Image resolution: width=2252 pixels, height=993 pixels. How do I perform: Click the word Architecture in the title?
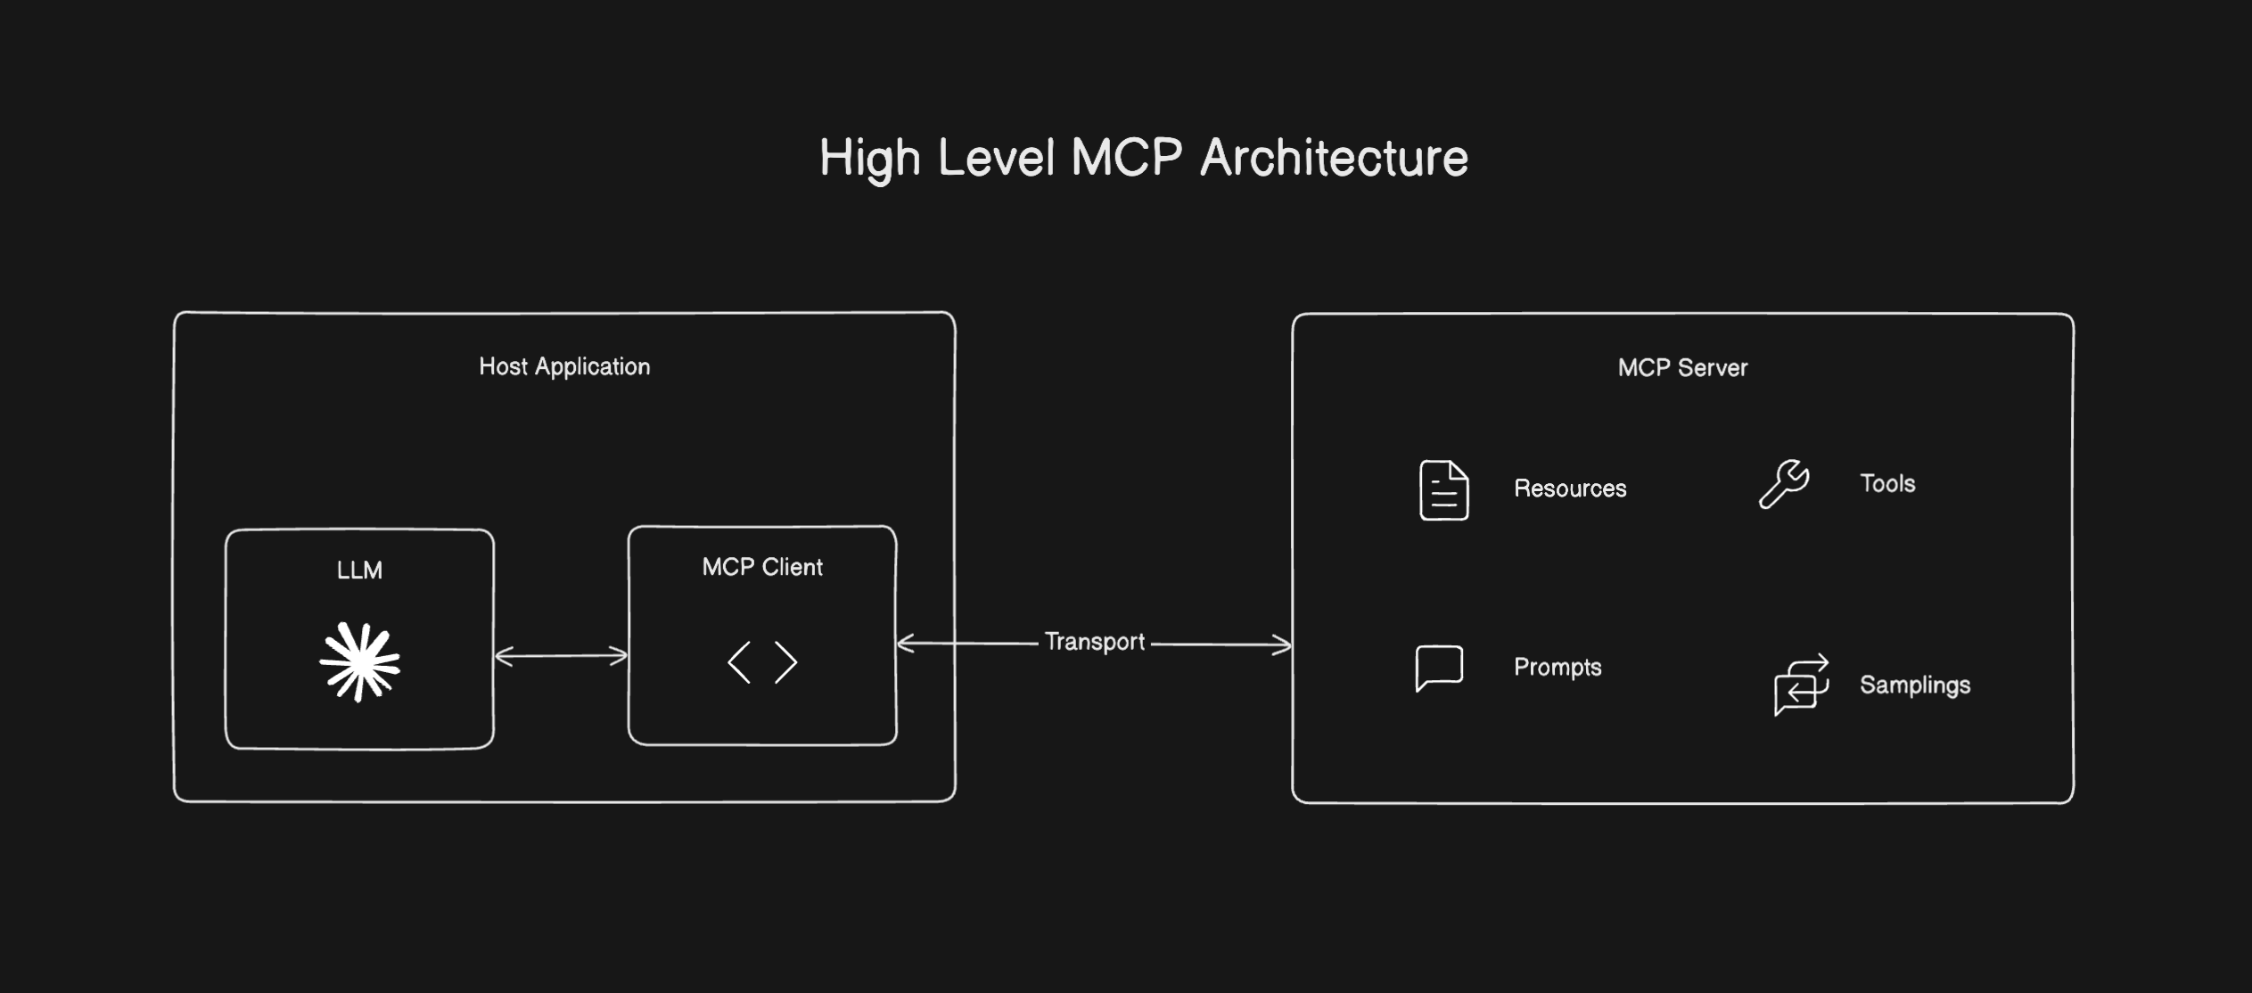click(x=1334, y=159)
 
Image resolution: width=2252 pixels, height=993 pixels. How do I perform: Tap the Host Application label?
click(x=564, y=366)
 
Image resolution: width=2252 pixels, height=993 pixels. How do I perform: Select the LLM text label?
click(x=359, y=570)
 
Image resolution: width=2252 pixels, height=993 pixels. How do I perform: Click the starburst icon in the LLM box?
click(x=359, y=661)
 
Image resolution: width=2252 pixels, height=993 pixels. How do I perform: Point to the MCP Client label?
click(x=762, y=567)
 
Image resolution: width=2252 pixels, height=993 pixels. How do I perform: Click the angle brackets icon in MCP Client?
click(x=762, y=662)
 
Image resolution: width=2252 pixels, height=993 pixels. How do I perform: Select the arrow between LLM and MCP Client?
click(x=561, y=656)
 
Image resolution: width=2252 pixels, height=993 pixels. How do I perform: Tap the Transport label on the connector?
click(x=1094, y=642)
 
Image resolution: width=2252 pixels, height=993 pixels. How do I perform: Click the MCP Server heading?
click(x=1682, y=367)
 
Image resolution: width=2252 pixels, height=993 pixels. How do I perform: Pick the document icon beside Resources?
click(x=1443, y=489)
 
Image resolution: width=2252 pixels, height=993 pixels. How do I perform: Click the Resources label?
click(x=1570, y=488)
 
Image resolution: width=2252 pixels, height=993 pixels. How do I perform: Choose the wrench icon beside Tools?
click(x=1783, y=484)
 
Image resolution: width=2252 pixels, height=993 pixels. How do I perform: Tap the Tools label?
click(x=1887, y=483)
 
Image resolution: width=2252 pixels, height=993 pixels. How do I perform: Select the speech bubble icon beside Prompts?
click(x=1439, y=668)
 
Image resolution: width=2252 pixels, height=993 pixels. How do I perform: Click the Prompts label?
click(x=1557, y=667)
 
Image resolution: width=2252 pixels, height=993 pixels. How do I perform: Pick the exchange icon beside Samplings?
click(x=1801, y=685)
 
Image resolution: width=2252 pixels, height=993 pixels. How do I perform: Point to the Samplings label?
click(x=1915, y=685)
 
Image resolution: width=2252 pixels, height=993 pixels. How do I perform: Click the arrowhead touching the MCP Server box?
click(x=1284, y=644)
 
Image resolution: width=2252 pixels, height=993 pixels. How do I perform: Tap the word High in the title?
click(x=869, y=159)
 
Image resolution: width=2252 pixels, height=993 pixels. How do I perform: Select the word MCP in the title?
click(x=1126, y=159)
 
